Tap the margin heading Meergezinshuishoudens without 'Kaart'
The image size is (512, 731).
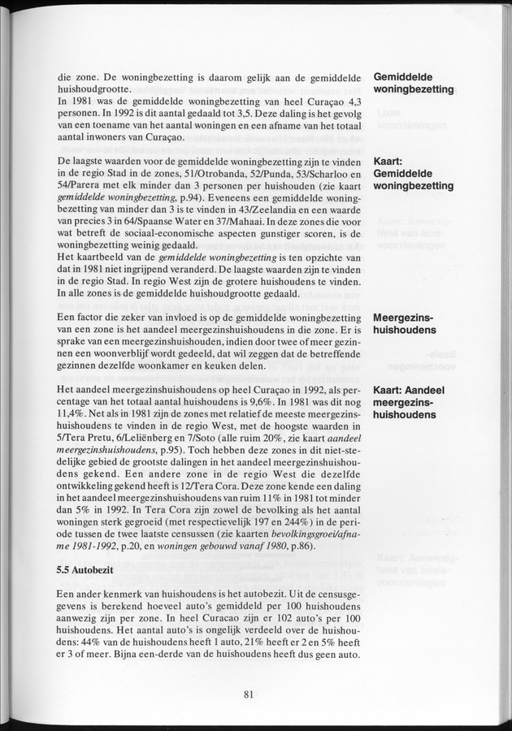[x=404, y=324]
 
